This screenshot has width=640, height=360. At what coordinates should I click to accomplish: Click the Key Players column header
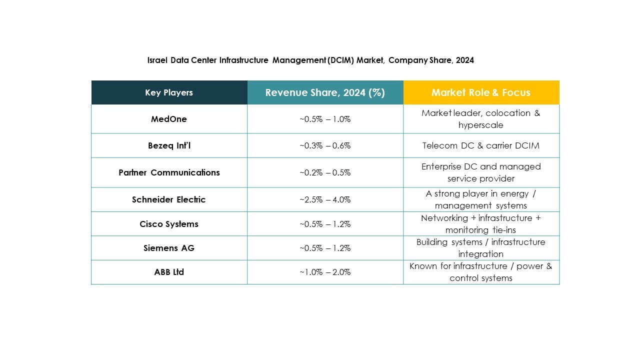169,92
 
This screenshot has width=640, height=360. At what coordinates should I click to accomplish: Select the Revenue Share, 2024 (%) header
325,92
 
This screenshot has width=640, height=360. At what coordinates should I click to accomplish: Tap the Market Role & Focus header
481,92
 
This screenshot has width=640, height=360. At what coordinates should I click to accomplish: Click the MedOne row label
169,119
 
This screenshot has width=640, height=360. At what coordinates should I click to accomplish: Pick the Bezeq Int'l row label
169,145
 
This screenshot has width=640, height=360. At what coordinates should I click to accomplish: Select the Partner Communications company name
169,172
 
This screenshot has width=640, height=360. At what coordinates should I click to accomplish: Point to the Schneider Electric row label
169,199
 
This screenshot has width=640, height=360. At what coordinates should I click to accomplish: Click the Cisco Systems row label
169,224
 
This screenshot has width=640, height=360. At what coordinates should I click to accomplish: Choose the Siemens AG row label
169,248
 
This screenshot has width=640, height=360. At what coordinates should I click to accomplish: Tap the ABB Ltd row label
169,272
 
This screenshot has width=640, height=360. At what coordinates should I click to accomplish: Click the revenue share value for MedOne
325,119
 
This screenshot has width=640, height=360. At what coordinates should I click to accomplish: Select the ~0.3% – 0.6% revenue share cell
325,145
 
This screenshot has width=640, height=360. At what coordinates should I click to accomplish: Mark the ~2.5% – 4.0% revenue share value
325,199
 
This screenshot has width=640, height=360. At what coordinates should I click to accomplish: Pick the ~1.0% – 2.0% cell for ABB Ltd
325,272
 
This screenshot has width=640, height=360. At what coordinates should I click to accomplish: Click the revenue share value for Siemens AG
325,248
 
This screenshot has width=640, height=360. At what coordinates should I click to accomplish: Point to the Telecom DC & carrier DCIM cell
481,145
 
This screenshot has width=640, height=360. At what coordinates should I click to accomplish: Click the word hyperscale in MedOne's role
481,125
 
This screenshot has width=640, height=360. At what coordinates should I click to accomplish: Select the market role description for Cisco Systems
481,224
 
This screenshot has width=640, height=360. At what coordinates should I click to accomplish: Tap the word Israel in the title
157,60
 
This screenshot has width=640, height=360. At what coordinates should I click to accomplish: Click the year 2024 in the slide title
464,60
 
